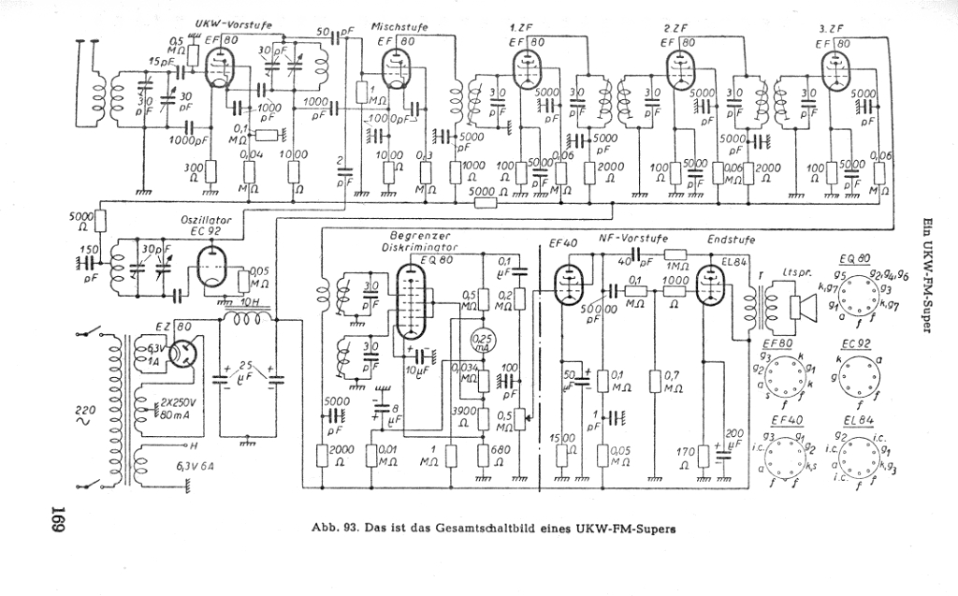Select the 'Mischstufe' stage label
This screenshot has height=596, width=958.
399,27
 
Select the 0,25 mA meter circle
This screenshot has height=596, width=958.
483,339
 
